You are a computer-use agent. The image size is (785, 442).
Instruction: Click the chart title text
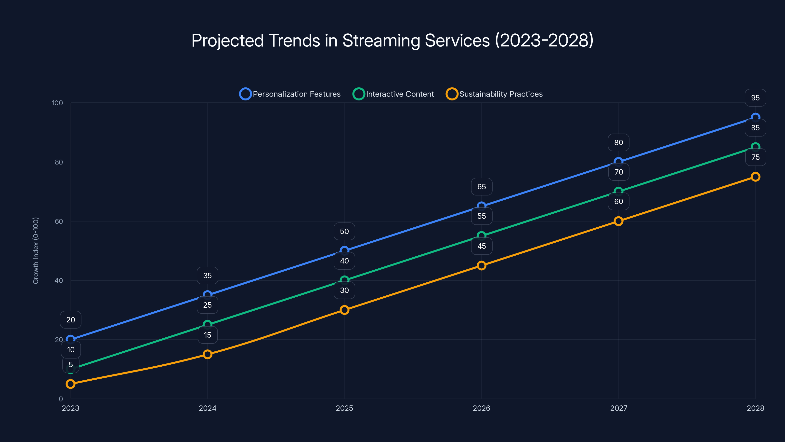coord(392,40)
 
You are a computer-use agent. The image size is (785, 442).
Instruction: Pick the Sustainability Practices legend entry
coord(494,94)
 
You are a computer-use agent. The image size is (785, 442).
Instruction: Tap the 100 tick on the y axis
coord(57,103)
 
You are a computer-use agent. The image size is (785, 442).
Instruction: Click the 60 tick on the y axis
coord(59,221)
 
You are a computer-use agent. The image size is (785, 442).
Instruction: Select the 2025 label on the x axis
coord(344,408)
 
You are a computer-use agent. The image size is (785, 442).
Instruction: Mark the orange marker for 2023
coord(70,384)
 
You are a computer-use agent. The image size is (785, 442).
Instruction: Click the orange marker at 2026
coord(482,265)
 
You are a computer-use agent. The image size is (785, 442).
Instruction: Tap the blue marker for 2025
coord(344,250)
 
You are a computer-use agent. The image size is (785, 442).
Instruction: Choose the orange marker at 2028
coord(756,177)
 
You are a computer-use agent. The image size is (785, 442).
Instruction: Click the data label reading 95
coord(756,98)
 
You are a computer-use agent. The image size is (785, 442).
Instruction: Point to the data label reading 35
coord(208,276)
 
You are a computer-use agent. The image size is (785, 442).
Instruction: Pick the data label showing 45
coord(482,246)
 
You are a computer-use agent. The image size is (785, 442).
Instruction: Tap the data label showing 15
coord(208,335)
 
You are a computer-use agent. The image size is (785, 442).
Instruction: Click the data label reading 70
coord(619,172)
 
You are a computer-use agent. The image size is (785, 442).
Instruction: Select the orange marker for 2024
coord(208,354)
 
